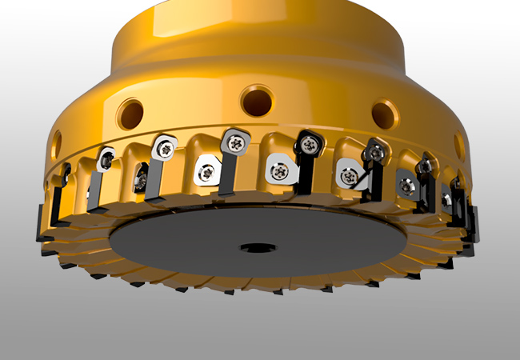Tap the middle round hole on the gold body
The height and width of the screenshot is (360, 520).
point(257,102)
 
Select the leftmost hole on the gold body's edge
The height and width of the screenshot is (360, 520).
point(56,145)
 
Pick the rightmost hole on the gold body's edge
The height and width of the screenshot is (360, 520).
point(459,144)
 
